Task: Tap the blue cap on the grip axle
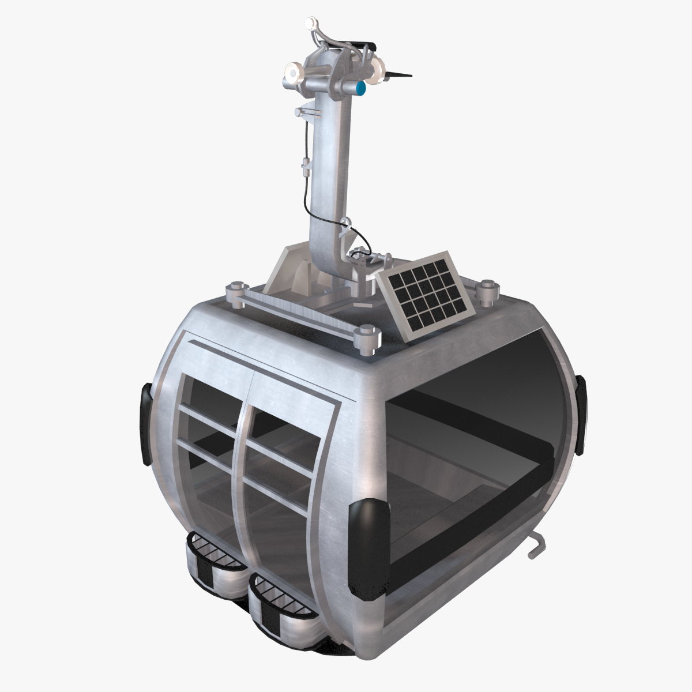[x=362, y=88]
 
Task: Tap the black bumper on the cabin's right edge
[x=580, y=412]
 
